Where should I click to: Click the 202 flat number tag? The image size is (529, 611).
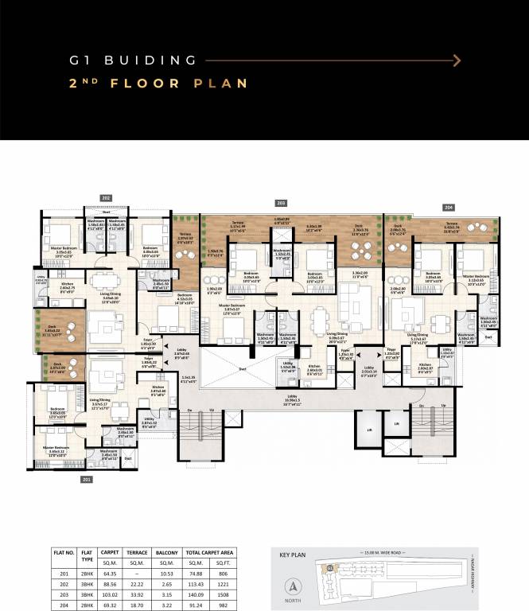point(106,197)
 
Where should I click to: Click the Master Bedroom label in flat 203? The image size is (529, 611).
point(235,309)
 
